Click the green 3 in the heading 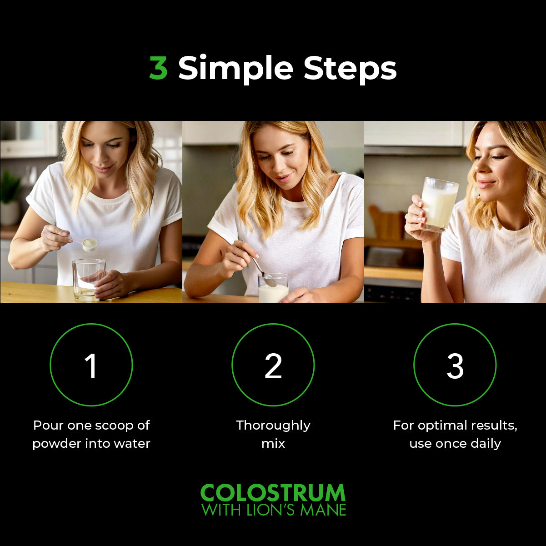click(x=158, y=68)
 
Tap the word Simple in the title click(x=235, y=70)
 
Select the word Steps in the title click(x=350, y=70)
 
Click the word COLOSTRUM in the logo click(x=273, y=492)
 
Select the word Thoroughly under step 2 click(x=273, y=426)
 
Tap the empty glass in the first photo click(x=89, y=280)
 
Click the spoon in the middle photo click(x=262, y=267)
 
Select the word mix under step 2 click(x=273, y=444)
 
